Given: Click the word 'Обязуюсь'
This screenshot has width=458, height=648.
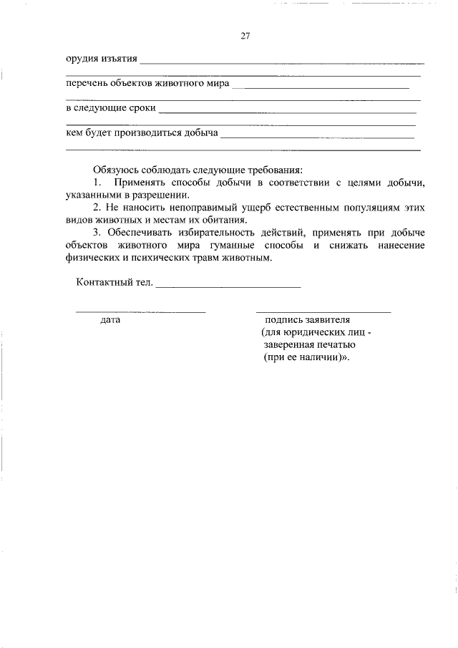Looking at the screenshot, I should coord(117,170).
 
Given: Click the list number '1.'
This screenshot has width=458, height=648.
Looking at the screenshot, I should coord(98,183).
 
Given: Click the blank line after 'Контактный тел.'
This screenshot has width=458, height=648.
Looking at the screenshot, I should coord(228,285).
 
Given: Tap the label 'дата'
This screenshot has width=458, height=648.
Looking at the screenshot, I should coord(110,320).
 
